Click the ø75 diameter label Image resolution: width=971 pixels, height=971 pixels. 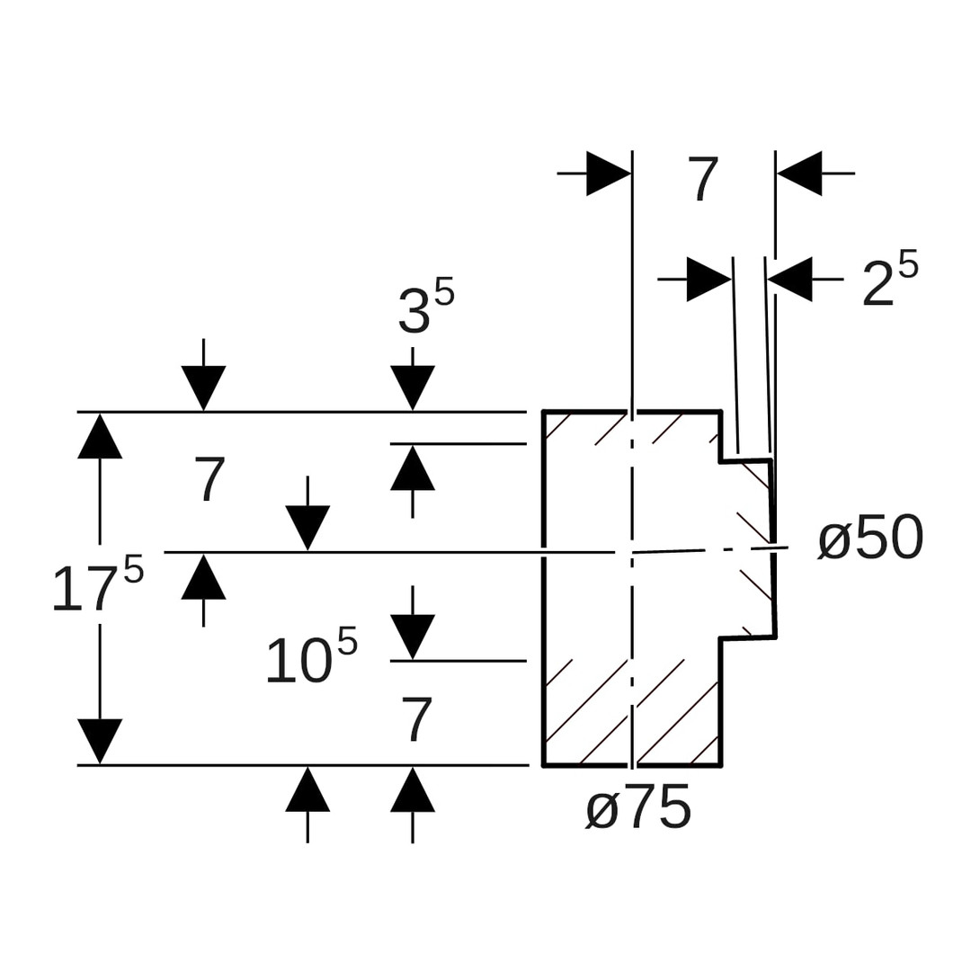[638, 808]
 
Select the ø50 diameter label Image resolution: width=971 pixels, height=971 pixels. [870, 539]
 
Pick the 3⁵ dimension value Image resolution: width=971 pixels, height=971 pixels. [426, 307]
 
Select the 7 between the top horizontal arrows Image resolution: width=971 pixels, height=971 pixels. [703, 179]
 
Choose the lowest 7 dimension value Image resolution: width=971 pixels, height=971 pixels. [417, 719]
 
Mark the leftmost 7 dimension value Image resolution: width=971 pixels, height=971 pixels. [209, 479]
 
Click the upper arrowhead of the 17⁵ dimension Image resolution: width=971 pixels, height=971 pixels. [100, 436]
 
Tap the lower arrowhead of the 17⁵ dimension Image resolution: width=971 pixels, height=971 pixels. [100, 741]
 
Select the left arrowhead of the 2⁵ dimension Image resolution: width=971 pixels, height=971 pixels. [708, 280]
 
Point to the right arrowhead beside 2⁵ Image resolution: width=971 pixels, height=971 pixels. [790, 280]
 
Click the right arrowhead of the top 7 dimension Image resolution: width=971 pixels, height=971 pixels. [799, 174]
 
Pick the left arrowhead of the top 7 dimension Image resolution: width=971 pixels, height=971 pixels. [609, 174]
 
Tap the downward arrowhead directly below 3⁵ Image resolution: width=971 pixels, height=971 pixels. [413, 388]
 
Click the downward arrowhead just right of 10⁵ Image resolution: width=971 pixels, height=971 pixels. [413, 637]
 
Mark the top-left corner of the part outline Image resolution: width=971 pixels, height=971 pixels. [543, 412]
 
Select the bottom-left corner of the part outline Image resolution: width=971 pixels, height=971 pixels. [543, 765]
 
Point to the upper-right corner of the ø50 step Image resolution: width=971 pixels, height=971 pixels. [771, 460]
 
